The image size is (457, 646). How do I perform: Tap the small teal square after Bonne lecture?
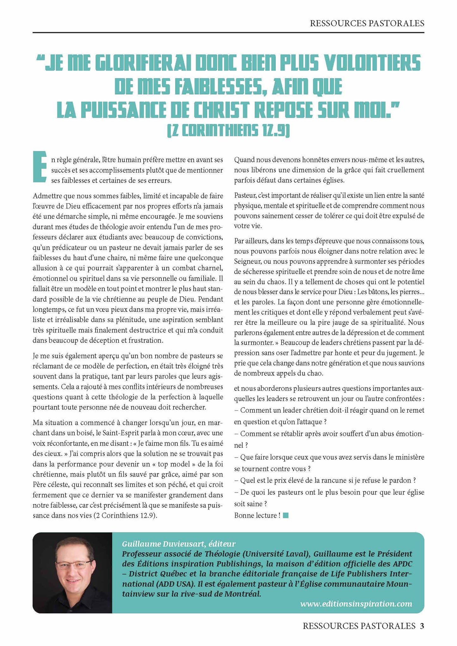click(286, 515)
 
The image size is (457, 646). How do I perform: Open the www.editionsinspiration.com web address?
click(356, 604)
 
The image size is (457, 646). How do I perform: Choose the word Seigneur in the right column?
click(247, 261)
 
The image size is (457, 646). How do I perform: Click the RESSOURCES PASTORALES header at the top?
click(367, 23)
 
